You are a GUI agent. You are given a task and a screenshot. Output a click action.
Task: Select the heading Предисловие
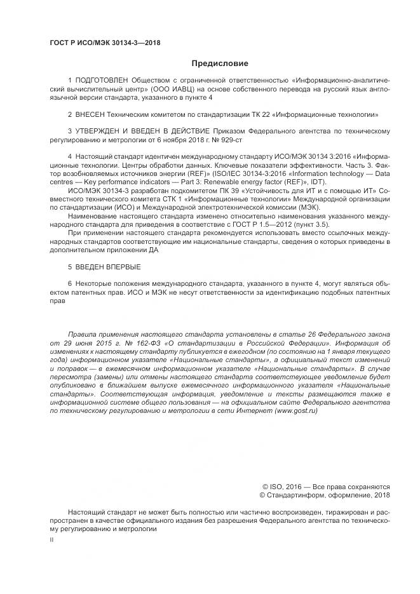coord(220,64)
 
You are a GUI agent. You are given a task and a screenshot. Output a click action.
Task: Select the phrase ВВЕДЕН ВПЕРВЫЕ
coord(107,266)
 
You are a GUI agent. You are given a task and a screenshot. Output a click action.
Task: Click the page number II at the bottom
coord(51,539)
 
